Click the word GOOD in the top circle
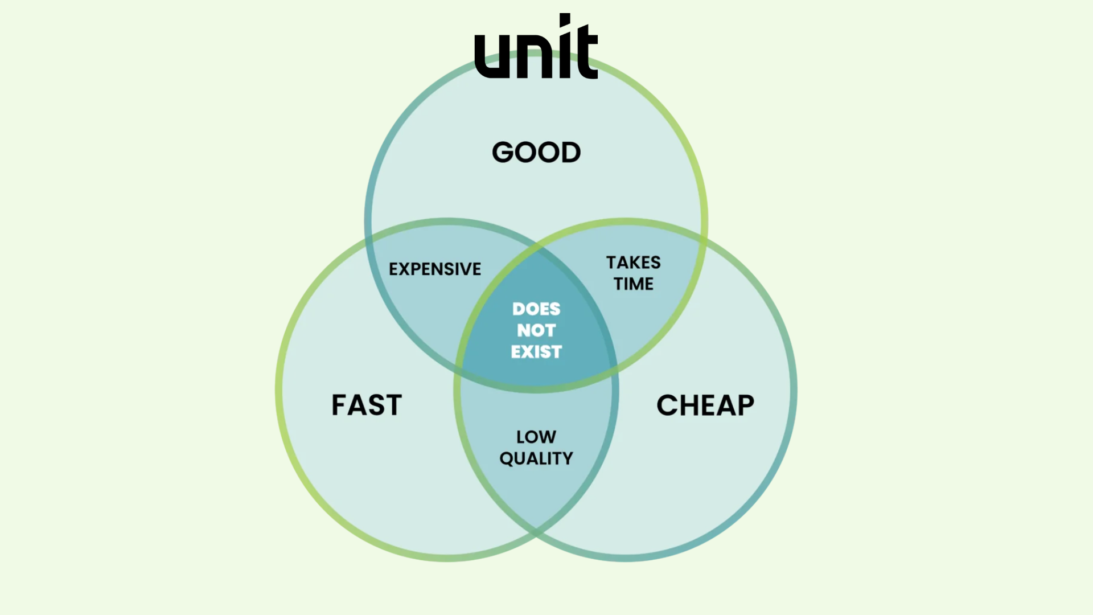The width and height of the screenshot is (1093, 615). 536,152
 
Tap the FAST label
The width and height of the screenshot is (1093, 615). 367,405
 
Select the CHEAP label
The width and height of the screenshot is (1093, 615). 705,405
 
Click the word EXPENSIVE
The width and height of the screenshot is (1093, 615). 435,269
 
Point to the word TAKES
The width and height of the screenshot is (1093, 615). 633,263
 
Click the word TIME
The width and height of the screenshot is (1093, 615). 633,284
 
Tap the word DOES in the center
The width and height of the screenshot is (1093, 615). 536,309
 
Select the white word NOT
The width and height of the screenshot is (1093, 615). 536,330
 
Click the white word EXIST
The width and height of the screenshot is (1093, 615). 536,352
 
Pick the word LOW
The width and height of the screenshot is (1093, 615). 536,437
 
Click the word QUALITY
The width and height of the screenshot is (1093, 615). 536,458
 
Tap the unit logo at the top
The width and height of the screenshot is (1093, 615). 536,48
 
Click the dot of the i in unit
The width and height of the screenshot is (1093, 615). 565,20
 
